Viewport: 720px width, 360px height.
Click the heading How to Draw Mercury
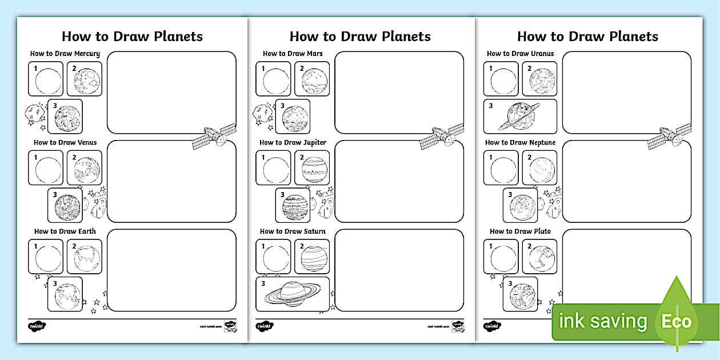click(x=65, y=54)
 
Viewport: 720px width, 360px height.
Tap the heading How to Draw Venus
click(x=65, y=142)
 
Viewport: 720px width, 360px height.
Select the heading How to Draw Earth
click(x=65, y=231)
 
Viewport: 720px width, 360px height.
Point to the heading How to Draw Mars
click(x=293, y=54)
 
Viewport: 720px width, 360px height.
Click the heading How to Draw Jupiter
click(x=293, y=142)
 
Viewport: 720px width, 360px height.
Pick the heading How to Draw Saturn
click(x=293, y=231)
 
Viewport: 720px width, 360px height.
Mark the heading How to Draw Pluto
click(x=520, y=231)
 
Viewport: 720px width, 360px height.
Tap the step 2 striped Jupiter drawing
click(x=313, y=168)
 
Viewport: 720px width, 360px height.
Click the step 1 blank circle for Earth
click(x=48, y=257)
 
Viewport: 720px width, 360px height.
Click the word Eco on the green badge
click(x=677, y=322)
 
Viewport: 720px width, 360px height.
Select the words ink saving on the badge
click(x=603, y=322)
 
